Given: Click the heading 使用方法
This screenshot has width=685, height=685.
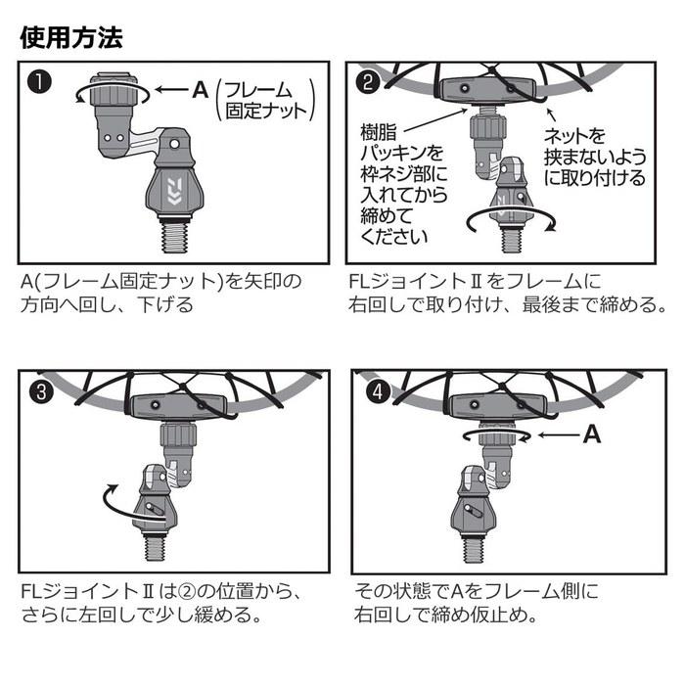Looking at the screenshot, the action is pos(71,37).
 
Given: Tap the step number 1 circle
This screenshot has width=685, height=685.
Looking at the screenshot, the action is pos(39,82).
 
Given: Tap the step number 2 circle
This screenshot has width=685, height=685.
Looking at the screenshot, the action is pos(368,81).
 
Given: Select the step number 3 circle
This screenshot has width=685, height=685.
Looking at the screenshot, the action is pos(41,391).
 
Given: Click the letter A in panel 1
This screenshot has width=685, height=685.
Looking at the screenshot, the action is pos(201,90).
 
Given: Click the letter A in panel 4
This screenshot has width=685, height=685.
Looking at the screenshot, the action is pos(592,434).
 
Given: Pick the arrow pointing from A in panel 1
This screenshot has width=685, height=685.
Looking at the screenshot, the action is pos(171,90).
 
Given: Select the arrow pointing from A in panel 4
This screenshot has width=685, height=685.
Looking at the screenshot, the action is pos(559,435).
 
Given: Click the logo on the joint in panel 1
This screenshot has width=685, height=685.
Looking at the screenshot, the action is pos(174,192).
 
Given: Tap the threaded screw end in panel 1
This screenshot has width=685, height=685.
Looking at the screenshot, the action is pos(175,237).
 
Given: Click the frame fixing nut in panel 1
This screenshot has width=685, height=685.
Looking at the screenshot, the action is pos(113,91).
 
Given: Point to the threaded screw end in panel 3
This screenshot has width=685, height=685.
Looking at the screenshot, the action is pos(155,546).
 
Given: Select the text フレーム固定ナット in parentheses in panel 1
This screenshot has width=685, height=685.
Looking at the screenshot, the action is pos(265,101).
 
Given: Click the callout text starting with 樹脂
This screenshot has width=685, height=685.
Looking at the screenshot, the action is pos(403,185).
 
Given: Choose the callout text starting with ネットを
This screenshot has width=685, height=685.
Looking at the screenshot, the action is pos(594,158).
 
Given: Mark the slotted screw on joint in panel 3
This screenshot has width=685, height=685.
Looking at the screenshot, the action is pos(155,509).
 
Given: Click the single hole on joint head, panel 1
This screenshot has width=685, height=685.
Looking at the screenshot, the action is pos(174,143).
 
